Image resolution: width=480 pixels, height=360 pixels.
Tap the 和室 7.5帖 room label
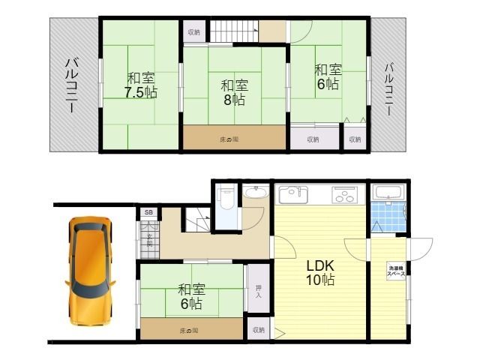[140, 85]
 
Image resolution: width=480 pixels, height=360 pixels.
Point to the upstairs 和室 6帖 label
[327, 76]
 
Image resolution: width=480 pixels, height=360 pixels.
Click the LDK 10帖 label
[319, 273]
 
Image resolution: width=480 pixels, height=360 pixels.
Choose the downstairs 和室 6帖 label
[190, 295]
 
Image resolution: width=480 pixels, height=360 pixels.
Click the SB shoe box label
[148, 213]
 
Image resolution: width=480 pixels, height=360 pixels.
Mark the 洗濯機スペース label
[396, 271]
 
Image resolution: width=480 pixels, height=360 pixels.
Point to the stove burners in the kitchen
[345, 197]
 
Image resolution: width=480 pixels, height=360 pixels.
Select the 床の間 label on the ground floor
[189, 331]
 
